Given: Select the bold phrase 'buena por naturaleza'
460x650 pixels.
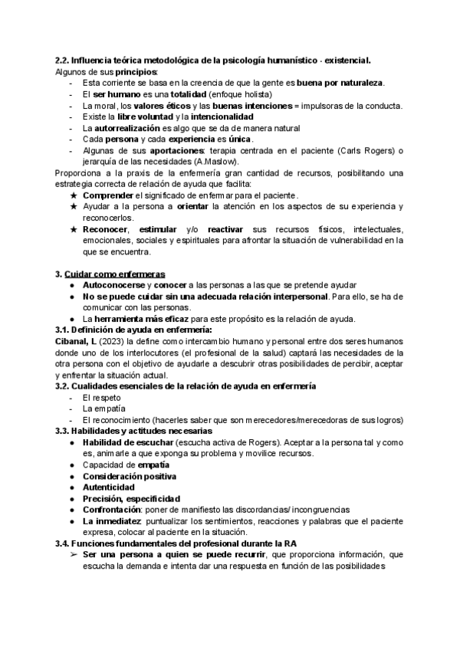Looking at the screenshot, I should click(x=340, y=82).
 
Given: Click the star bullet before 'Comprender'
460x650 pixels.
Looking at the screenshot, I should click(x=74, y=196).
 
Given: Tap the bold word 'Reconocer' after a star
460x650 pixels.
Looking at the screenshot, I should click(x=106, y=230).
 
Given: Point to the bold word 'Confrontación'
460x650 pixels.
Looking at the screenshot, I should click(x=115, y=510).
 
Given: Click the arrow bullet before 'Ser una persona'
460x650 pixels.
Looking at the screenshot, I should click(x=74, y=554).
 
